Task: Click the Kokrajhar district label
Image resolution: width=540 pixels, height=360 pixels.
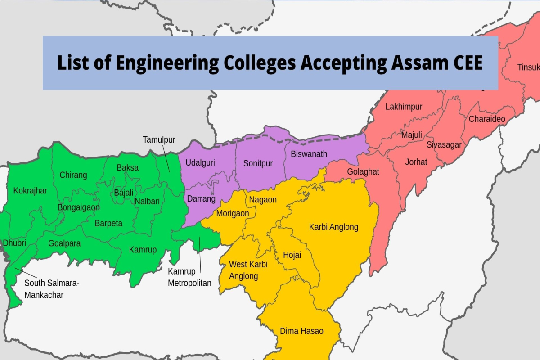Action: pos(30,191)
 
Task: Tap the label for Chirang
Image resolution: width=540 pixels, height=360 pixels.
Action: pos(73,175)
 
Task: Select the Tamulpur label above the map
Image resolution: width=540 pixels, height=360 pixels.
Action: pos(159,139)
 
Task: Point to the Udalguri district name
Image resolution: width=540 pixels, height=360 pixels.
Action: pos(200,162)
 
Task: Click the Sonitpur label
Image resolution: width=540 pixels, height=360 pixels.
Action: pos(258,163)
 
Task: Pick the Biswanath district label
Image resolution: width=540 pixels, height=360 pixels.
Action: pos(309,154)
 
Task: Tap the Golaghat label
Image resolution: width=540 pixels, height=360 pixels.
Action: pos(363,172)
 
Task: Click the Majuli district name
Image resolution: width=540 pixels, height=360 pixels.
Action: pos(411,135)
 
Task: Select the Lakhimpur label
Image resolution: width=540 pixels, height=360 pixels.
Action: pos(404,107)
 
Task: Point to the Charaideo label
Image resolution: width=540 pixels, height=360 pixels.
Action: pos(487,119)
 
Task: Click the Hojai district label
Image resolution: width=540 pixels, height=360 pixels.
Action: pos(292,255)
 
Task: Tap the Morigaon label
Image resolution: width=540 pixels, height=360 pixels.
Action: pos(233,213)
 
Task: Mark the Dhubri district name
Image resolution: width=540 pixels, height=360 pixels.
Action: pos(14,243)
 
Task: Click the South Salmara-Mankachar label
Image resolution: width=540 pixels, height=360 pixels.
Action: pos(51,289)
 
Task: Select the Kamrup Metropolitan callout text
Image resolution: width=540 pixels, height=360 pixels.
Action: pos(189,277)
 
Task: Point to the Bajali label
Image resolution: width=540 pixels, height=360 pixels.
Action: pos(123,193)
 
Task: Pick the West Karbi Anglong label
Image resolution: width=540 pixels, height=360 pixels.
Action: pos(248,270)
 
